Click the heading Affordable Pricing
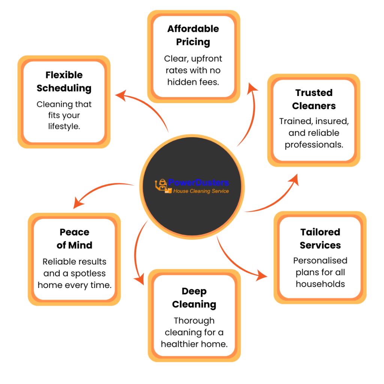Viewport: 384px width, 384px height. coord(193,35)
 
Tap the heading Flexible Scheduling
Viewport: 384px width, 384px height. coord(64,81)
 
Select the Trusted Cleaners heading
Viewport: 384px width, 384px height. coord(314,99)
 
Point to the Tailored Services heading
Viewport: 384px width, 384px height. coord(320,238)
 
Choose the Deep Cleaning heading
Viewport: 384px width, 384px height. coord(194,298)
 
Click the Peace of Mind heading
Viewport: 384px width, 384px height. coord(74,238)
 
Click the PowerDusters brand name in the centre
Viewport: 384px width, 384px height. coord(198,183)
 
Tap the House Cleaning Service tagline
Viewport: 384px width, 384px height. coord(201,191)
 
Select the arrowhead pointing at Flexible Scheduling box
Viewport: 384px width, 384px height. coord(120,95)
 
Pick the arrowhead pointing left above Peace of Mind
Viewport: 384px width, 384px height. coord(78,203)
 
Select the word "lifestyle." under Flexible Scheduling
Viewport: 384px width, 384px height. coord(64,126)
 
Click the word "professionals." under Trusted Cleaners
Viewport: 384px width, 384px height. coord(314,144)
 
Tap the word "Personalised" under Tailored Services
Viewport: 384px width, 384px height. coord(320,260)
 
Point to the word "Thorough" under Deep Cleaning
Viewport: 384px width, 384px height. coord(194,321)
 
